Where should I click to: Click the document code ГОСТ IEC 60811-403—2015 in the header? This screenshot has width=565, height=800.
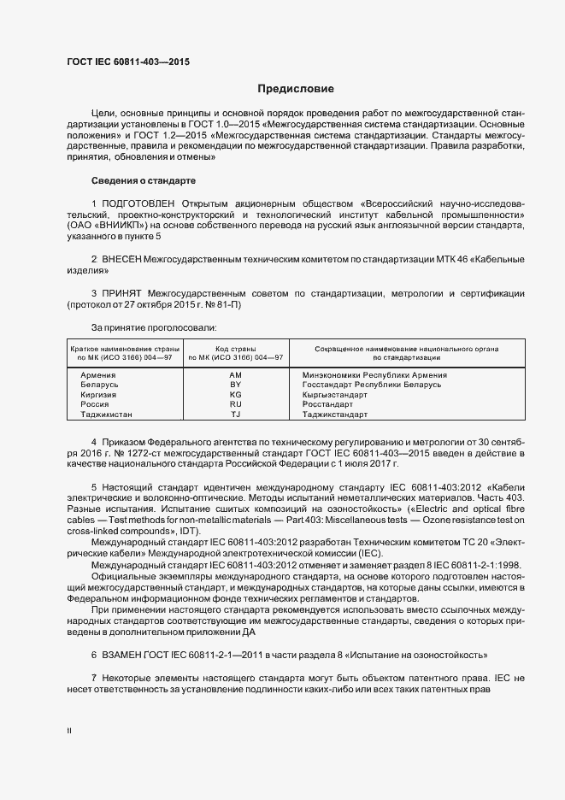click(x=128, y=62)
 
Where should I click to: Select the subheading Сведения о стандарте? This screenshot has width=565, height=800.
click(x=144, y=181)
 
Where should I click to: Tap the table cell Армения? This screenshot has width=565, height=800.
click(x=98, y=375)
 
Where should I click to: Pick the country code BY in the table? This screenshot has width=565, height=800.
click(x=236, y=385)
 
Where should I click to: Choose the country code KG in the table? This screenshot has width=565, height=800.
click(x=236, y=395)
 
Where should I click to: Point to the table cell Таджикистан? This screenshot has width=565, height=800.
click(x=107, y=415)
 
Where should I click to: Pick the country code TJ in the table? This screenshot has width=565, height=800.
click(x=236, y=415)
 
